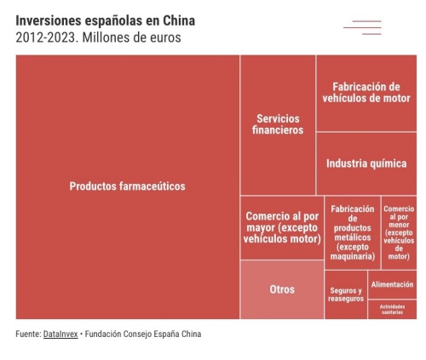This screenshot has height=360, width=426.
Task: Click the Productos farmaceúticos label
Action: point(127,186)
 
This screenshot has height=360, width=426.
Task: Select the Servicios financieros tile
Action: point(278,125)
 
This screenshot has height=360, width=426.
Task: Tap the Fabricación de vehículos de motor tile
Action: point(366,93)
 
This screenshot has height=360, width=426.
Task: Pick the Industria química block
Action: point(366,163)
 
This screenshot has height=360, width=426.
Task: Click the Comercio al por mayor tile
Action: point(282,227)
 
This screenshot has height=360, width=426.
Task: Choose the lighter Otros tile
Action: point(282,289)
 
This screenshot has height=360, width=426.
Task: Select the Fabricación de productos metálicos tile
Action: point(353,232)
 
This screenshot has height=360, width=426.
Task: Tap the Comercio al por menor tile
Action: point(399,232)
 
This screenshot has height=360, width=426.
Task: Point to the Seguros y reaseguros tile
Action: point(346,294)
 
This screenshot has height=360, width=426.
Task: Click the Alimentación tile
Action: point(392,284)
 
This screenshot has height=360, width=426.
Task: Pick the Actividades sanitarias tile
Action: point(392,309)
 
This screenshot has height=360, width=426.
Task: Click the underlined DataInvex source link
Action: point(60,334)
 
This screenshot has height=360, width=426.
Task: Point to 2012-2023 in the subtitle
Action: point(47,37)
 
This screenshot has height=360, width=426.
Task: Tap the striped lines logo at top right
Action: point(362,27)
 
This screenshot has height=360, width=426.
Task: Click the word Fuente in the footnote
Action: point(28,334)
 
